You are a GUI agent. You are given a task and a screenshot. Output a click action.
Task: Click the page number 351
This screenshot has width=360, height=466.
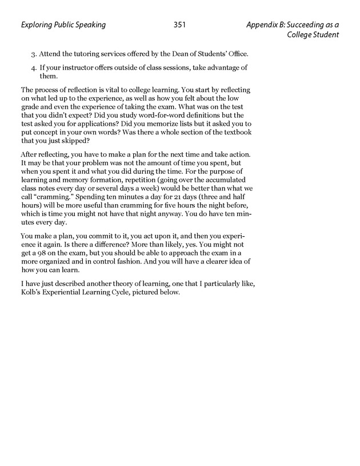coord(179,25)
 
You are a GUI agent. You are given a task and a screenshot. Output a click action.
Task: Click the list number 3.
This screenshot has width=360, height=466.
coord(33,54)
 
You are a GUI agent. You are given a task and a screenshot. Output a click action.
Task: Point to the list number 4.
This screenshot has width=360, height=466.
coord(33,68)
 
